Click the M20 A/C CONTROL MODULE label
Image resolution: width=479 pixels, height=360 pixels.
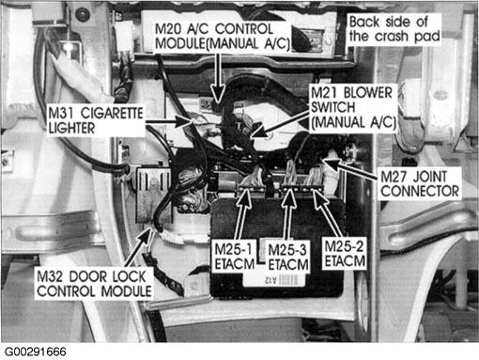[x=222, y=37]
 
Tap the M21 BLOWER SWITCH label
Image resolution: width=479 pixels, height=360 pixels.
[x=353, y=107]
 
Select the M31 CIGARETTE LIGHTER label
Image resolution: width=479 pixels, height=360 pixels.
[x=96, y=120]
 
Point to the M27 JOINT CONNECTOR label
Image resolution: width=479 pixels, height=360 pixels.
[x=420, y=183]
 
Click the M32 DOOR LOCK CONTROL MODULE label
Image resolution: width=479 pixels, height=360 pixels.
[x=94, y=284]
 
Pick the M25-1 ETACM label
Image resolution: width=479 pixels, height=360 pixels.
[x=234, y=257]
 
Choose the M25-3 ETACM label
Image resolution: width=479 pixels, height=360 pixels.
[x=288, y=258]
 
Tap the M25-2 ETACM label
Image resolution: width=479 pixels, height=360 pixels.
[x=345, y=254]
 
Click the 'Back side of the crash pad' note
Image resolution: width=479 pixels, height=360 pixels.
[x=394, y=29]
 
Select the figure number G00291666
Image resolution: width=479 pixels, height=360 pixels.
[x=35, y=352]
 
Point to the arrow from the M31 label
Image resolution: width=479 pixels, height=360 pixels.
[x=168, y=121]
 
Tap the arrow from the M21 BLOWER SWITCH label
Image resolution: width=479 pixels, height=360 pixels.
[x=281, y=124]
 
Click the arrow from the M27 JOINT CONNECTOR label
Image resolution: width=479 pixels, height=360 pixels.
[x=350, y=170]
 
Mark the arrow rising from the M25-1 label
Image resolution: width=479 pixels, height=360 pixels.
[x=242, y=214]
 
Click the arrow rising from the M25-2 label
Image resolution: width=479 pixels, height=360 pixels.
[x=327, y=213]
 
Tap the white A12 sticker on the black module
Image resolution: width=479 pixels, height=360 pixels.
[x=274, y=280]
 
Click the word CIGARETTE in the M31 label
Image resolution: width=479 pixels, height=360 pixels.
[x=112, y=113]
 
